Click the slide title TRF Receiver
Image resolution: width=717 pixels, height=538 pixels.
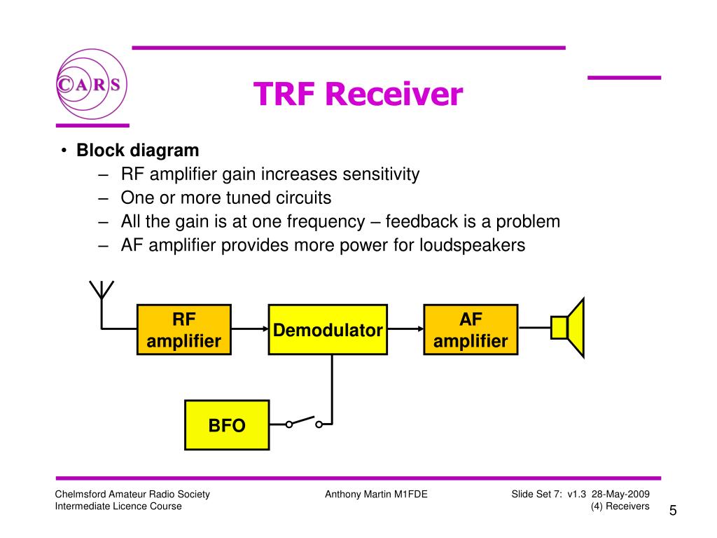click(x=358, y=94)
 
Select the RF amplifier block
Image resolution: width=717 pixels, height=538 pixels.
click(x=183, y=330)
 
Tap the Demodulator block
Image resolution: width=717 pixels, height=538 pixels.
click(x=328, y=330)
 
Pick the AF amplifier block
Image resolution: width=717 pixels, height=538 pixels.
click(x=471, y=330)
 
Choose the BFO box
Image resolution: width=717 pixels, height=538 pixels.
click(x=227, y=425)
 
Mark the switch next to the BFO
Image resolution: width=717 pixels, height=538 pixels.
click(x=303, y=422)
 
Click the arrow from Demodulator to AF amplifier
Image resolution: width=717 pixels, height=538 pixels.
click(x=405, y=329)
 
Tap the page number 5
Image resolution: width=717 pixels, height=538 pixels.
click(x=673, y=510)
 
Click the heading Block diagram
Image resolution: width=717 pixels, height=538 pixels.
click(x=138, y=151)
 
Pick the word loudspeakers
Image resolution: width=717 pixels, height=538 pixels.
click(x=472, y=246)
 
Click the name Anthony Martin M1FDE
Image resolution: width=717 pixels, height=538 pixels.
click(x=376, y=495)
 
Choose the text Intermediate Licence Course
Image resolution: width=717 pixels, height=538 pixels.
click(x=118, y=506)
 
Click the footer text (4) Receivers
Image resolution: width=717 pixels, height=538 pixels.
click(x=620, y=506)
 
